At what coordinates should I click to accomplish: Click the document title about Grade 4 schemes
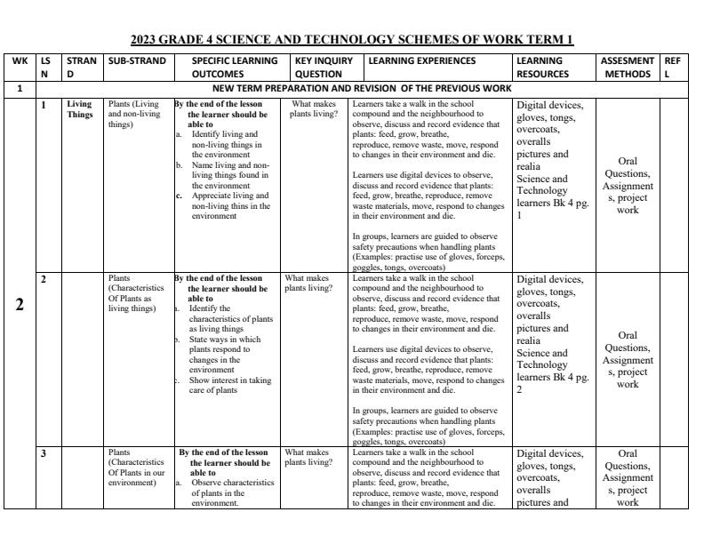click(x=352, y=39)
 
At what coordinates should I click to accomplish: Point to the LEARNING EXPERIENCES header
click(x=421, y=61)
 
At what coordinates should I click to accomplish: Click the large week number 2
click(x=20, y=304)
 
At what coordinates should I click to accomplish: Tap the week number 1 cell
click(x=20, y=89)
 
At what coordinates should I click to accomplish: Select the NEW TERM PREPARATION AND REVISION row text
click(x=363, y=89)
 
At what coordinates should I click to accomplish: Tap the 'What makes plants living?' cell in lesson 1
click(x=313, y=109)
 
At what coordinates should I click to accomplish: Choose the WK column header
click(x=20, y=61)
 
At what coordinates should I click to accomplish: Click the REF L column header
click(x=672, y=68)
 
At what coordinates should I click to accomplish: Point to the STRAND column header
click(x=78, y=68)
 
